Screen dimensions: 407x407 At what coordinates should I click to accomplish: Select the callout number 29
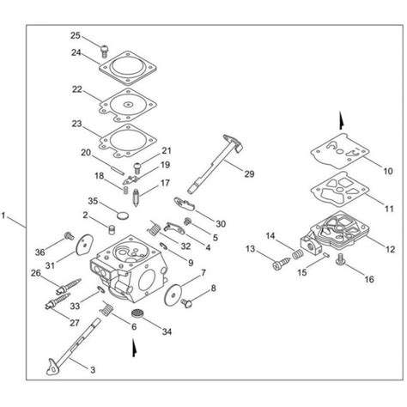(249, 174)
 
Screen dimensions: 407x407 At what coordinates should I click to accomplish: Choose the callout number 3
(93, 370)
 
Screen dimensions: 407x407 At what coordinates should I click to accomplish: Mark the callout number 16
(370, 279)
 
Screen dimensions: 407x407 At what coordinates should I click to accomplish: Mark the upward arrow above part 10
(342, 119)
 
